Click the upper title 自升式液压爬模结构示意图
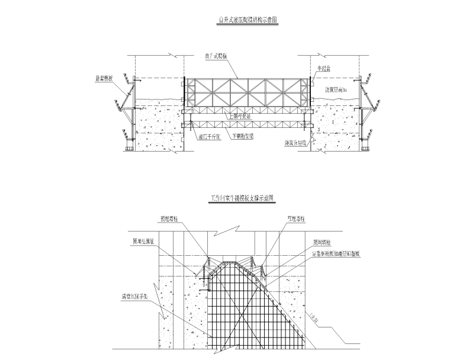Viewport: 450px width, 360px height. (x=247, y=20)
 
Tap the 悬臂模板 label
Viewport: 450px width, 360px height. (x=104, y=77)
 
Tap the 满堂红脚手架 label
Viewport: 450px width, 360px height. (x=136, y=298)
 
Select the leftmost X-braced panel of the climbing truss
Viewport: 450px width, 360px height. (x=205, y=92)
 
